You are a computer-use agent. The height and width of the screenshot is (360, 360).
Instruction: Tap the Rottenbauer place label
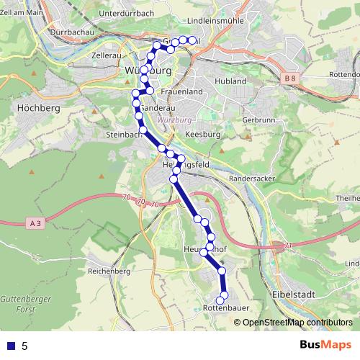tap(227, 307)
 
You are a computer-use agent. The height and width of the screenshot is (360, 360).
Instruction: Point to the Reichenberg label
tap(108, 271)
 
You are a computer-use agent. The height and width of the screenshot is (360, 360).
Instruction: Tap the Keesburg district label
tap(202, 135)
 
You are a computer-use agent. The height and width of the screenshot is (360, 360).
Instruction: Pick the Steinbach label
tap(122, 135)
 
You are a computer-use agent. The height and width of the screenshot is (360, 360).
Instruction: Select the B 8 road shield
tap(290, 77)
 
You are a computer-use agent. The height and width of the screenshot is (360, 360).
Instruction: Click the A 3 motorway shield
tap(34, 224)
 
